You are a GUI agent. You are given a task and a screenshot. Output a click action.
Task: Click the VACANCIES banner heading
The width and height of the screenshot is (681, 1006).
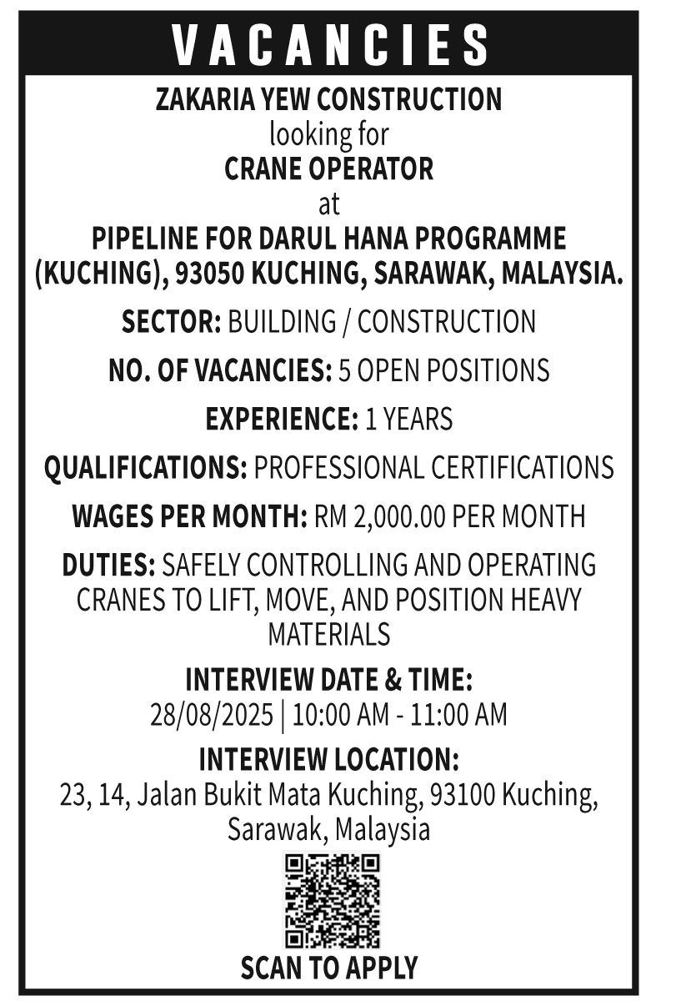(331, 44)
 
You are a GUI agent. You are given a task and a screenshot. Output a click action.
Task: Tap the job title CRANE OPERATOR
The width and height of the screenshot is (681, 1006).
(329, 169)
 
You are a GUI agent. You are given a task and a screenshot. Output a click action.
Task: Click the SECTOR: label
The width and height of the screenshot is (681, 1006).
(171, 322)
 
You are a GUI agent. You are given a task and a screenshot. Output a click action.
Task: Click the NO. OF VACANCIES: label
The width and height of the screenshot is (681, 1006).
(220, 370)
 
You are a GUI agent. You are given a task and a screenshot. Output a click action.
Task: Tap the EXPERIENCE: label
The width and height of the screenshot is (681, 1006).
(282, 419)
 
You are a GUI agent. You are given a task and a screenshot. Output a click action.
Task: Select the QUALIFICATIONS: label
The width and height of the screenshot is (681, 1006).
(146, 467)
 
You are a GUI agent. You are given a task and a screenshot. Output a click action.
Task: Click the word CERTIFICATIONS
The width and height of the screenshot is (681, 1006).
(522, 467)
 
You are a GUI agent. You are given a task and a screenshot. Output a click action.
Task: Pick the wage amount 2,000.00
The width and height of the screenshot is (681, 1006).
(399, 516)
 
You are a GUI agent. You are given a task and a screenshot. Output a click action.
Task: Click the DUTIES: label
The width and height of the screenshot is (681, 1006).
(108, 565)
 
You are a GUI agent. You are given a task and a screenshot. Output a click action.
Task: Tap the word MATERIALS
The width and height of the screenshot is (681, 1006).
(328, 635)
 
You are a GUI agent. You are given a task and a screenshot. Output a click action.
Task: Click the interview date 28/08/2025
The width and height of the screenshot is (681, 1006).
(211, 715)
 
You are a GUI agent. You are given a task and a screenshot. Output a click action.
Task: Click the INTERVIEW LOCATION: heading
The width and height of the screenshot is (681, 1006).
(328, 760)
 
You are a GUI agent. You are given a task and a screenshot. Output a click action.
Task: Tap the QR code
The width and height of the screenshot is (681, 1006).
(332, 901)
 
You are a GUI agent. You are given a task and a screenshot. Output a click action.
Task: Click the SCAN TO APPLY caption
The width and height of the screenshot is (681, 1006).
(328, 968)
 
